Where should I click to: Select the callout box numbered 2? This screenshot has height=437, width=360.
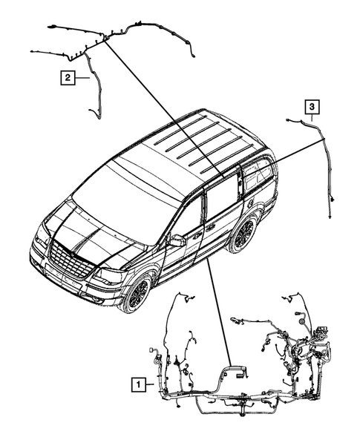point(68,76)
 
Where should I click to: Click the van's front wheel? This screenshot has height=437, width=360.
point(136,292)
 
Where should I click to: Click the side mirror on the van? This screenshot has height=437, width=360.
point(177,241)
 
